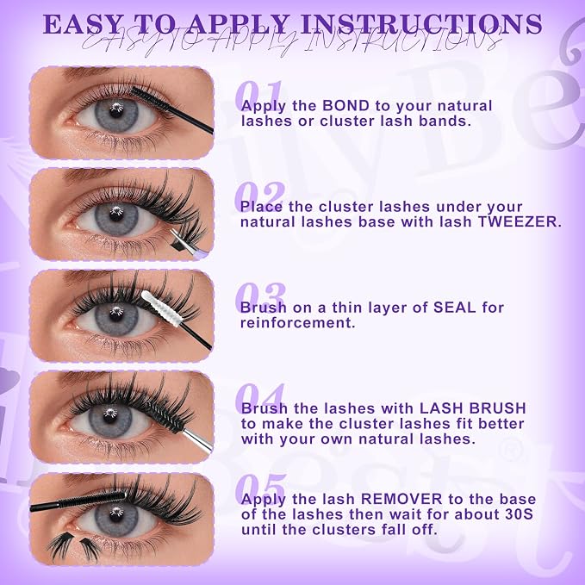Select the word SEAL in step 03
point(454,308)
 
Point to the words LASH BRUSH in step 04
point(473,408)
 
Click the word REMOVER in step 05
point(401,499)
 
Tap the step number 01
point(258,95)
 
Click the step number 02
point(260,196)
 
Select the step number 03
point(260,296)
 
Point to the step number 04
point(259,398)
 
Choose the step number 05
point(261,489)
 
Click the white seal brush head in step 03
point(161,308)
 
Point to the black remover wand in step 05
point(78,501)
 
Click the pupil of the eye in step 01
point(116,111)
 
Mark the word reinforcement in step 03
point(297,323)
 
